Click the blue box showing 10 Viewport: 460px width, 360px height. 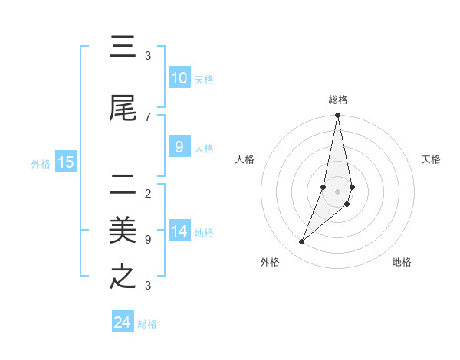179,78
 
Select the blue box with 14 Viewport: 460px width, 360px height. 179,231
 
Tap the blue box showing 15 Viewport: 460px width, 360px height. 66,162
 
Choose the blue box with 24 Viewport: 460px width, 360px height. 123,322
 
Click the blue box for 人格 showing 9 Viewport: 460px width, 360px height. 179,147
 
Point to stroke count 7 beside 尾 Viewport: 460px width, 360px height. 147,117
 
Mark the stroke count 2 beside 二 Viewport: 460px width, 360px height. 147,193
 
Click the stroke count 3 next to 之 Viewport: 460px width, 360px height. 147,286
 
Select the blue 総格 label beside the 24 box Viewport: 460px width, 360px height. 147,324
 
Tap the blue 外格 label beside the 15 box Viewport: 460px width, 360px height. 40,163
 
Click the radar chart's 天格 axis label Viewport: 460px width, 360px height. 431,159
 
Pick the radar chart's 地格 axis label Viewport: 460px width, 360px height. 402,262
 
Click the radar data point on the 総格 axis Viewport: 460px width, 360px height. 337,116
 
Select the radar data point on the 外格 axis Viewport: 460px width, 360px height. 301,242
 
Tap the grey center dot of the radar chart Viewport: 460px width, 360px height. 337,191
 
